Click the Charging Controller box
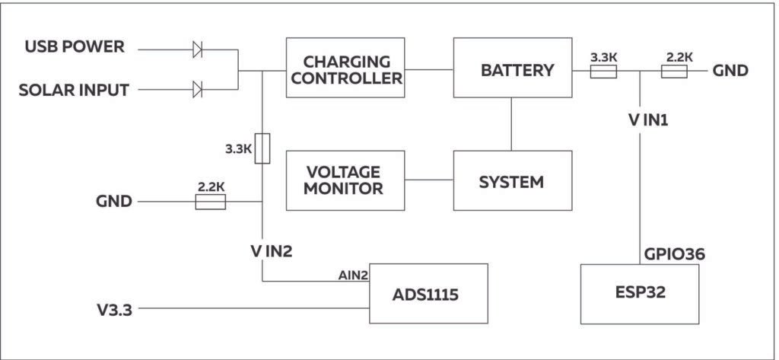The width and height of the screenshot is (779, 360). [x=345, y=68]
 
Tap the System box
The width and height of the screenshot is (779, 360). [x=512, y=181]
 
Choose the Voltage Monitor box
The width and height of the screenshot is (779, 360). [x=345, y=181]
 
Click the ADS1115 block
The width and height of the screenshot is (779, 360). [x=428, y=294]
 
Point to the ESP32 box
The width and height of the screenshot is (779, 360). [x=639, y=294]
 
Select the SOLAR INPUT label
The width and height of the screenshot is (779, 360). [x=74, y=90]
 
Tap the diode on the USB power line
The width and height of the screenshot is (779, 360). [x=197, y=50]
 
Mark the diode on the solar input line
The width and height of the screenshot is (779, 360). [x=197, y=90]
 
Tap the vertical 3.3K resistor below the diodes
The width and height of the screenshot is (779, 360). [x=262, y=148]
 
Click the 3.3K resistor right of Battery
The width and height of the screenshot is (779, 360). [x=603, y=72]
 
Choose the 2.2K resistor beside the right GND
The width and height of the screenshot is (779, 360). [x=674, y=72]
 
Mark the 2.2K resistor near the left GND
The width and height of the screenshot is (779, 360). [x=210, y=202]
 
